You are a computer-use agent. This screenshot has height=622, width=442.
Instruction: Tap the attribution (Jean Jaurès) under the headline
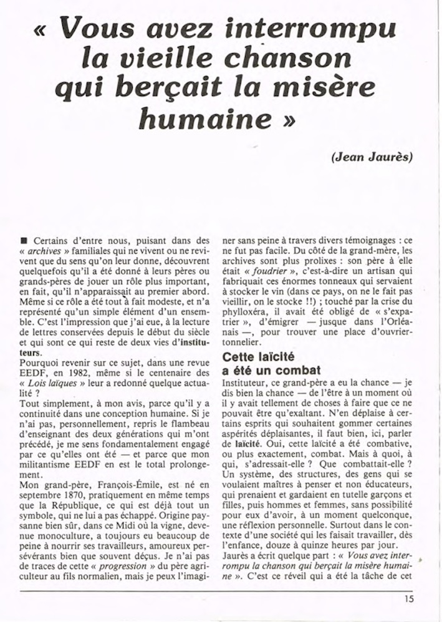[372, 157]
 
